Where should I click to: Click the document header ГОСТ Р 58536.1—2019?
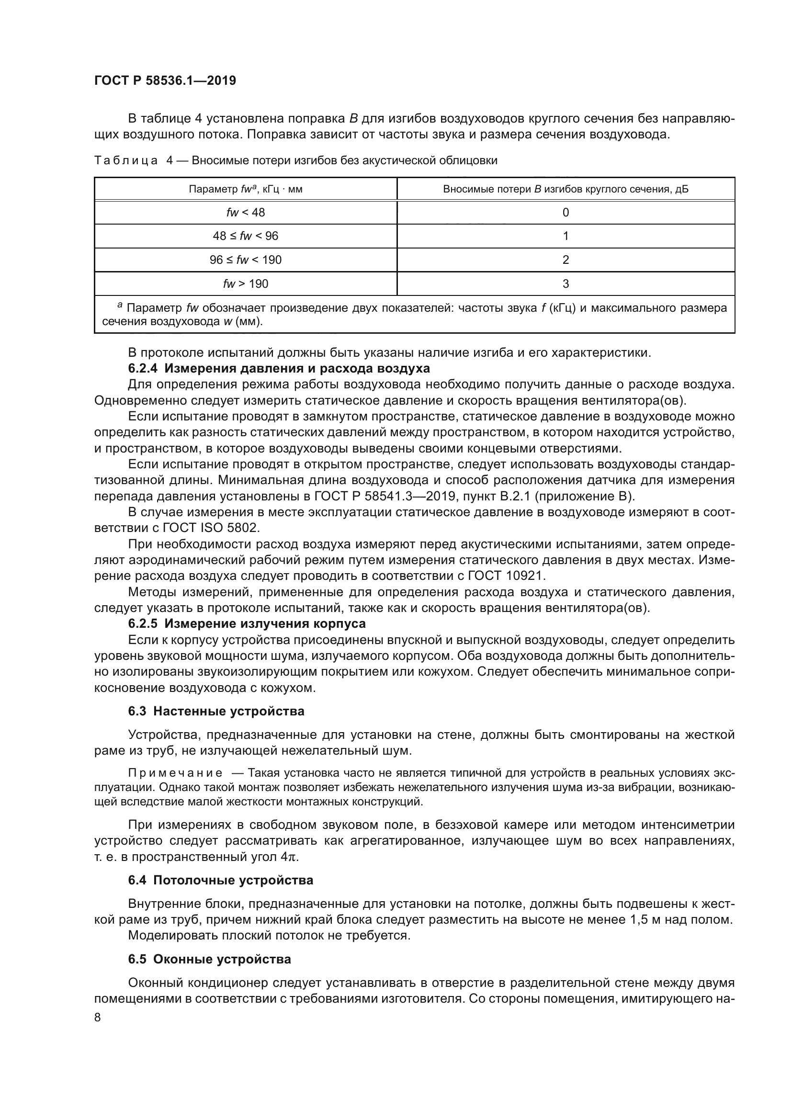click(165, 80)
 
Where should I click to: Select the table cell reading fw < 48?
click(245, 212)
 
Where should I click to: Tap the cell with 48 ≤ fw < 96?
click(245, 236)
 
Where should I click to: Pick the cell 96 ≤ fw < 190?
click(245, 260)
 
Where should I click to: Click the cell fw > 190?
click(245, 284)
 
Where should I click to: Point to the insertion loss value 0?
click(565, 212)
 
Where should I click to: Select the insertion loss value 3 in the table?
click(565, 284)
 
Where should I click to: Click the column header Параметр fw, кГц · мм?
click(245, 189)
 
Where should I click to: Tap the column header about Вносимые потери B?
click(565, 189)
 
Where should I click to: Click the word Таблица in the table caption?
click(126, 160)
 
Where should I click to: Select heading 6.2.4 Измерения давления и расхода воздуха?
click(279, 368)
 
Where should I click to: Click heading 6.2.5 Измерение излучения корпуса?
click(247, 624)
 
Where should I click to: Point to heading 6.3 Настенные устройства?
click(216, 711)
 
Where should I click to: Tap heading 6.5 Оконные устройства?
click(209, 959)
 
